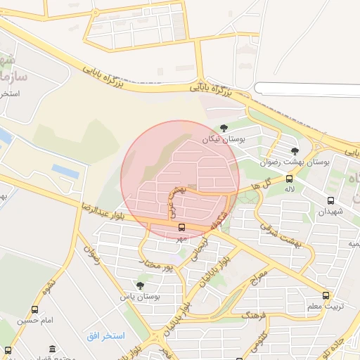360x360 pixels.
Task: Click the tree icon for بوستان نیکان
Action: pos(224,127)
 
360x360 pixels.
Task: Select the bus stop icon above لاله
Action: pos(291,179)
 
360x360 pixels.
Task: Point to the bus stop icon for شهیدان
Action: pos(330,200)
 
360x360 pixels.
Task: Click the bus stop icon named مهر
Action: pos(182,227)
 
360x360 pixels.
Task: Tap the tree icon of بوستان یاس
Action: pos(141,285)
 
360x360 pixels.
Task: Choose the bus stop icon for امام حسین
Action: pos(35,309)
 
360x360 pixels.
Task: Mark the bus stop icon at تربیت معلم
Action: pos(325,296)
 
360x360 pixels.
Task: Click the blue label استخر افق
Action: pos(105,336)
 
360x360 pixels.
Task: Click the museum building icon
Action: pos(53,349)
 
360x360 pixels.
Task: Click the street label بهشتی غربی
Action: pos(176,195)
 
